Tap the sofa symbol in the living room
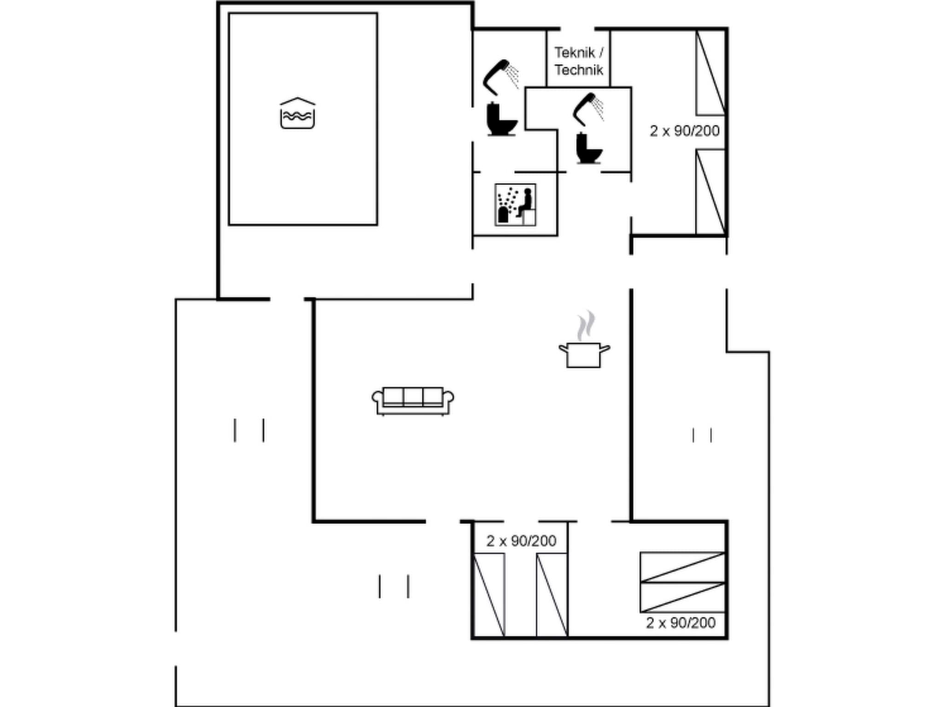tap(413, 400)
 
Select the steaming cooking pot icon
tap(584, 354)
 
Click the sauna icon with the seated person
tap(515, 205)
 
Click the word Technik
tap(578, 70)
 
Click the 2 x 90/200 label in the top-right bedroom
tap(684, 131)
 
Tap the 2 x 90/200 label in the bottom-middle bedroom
tap(521, 541)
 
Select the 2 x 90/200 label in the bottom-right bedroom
tap(681, 623)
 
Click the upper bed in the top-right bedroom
tap(710, 73)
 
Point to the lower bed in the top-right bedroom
tap(710, 192)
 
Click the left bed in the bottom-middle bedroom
tap(489, 595)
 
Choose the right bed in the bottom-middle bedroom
tap(552, 595)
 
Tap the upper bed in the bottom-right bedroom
tap(682, 567)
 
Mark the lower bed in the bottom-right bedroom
tap(682, 597)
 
